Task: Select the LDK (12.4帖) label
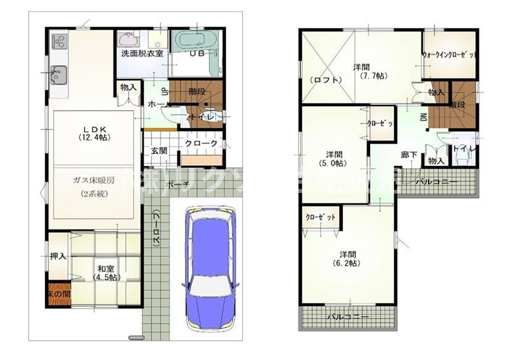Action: pyautogui.click(x=94, y=133)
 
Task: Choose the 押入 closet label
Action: pyautogui.click(x=58, y=255)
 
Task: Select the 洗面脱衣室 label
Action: pyautogui.click(x=142, y=54)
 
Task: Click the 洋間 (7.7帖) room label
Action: pyautogui.click(x=370, y=71)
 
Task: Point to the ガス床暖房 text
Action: pyautogui.click(x=94, y=181)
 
